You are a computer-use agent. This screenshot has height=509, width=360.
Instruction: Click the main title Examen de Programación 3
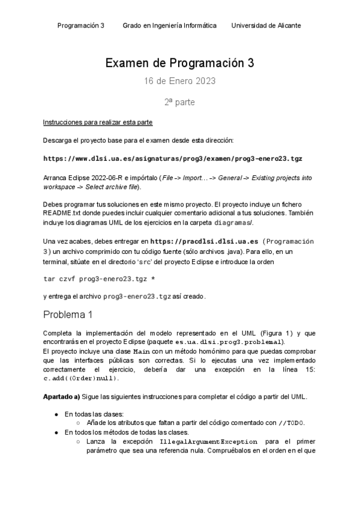coord(179,63)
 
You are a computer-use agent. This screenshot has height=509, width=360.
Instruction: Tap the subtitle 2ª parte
coord(179,102)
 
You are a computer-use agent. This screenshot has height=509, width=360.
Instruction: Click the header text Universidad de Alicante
coord(266,26)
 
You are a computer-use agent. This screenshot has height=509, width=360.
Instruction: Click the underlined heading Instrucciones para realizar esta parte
coord(98,122)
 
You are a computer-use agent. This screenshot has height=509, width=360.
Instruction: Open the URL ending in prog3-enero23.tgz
coord(173,159)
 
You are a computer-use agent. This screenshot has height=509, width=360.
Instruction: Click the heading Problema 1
coord(68,315)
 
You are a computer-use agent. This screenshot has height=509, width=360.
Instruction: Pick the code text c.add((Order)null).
coord(81,379)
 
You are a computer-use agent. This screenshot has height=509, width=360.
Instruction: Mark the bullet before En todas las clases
coord(56,414)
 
